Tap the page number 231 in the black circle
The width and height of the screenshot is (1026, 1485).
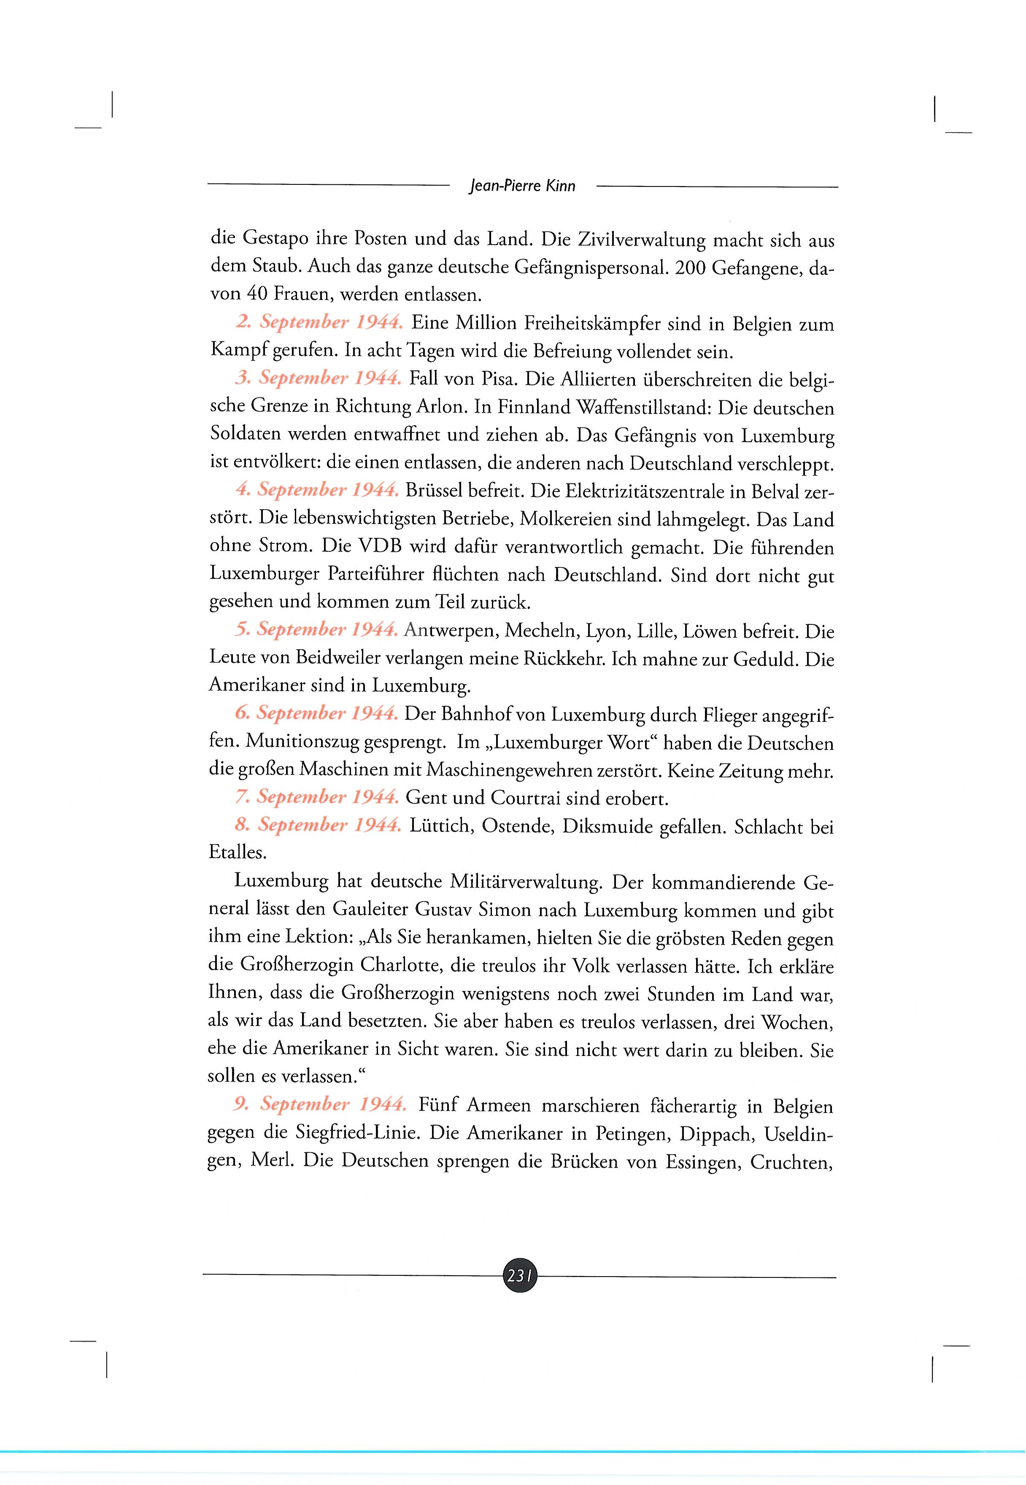[519, 1276]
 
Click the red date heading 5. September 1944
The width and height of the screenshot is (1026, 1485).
[316, 629]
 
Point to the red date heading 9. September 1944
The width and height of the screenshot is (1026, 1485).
[319, 1104]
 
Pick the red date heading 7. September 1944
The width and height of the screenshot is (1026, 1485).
[317, 797]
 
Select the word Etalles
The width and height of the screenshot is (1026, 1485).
[237, 853]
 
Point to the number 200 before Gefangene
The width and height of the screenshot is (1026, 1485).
[691, 268]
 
